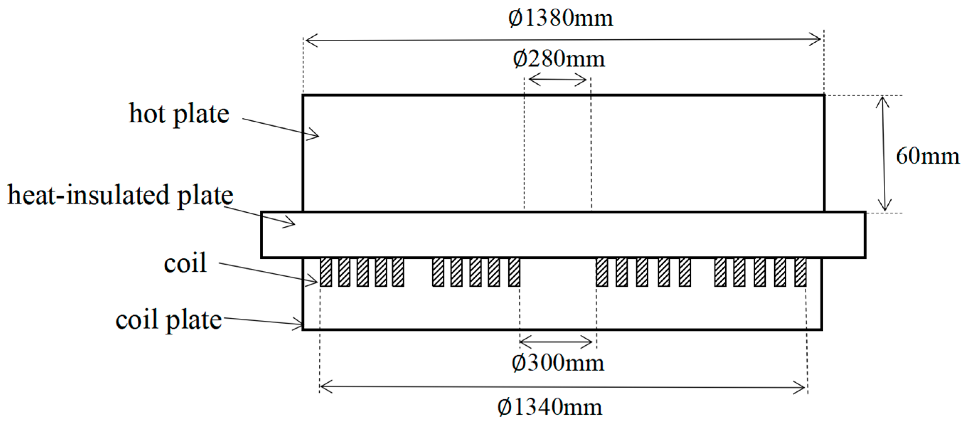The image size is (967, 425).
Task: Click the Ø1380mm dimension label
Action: (x=560, y=18)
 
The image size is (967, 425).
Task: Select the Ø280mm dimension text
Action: (x=559, y=59)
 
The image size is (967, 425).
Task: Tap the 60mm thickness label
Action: (x=927, y=156)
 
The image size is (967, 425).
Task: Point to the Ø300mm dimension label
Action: (x=558, y=363)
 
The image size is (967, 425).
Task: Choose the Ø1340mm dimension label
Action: (x=550, y=407)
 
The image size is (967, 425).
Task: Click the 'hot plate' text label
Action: (x=179, y=113)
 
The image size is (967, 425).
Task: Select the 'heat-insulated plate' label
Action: (x=120, y=195)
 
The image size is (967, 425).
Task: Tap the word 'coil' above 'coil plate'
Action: (x=185, y=262)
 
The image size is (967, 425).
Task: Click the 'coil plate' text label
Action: (x=169, y=320)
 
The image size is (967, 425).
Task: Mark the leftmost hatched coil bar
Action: (x=326, y=272)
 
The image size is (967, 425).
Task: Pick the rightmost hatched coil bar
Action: (x=800, y=272)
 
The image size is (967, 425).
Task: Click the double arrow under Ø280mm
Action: (x=557, y=80)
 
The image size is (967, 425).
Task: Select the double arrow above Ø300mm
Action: (x=556, y=342)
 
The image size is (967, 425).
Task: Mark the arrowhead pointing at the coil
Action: (x=314, y=281)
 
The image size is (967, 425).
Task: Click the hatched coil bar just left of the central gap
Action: (x=514, y=272)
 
